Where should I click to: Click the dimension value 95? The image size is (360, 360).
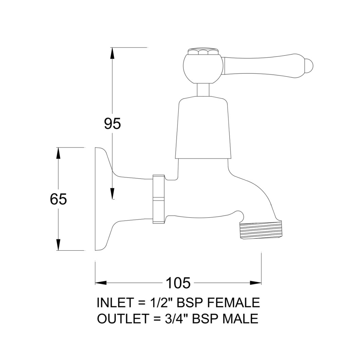[x=112, y=124]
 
